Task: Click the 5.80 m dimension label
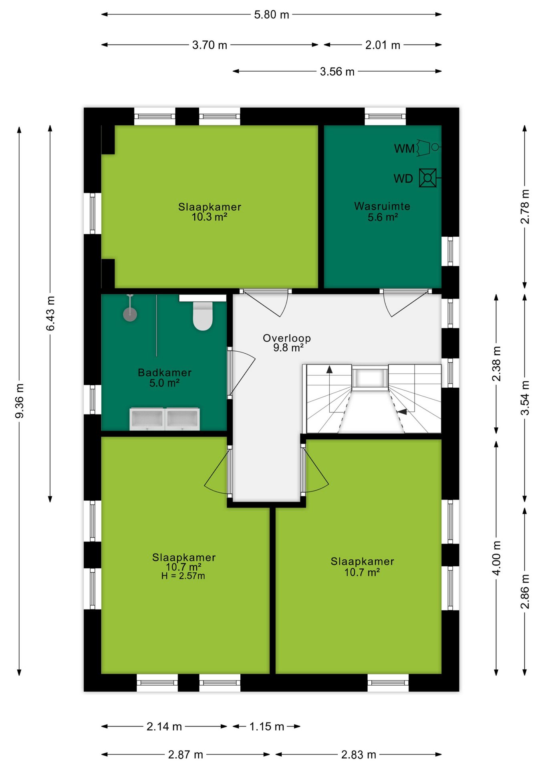[272, 15]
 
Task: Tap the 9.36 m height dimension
[19, 401]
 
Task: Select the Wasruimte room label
[382, 206]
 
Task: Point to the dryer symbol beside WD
[428, 178]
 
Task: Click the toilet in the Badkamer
[203, 316]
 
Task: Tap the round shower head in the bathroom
[130, 314]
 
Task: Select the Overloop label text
[287, 338]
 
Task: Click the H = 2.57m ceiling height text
[183, 576]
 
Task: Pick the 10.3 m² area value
[210, 217]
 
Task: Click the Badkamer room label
[165, 372]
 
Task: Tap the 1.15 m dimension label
[267, 727]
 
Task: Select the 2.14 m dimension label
[164, 727]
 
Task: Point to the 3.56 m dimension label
[337, 72]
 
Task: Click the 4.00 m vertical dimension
[496, 558]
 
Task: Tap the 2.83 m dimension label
[359, 755]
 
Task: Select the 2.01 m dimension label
[383, 45]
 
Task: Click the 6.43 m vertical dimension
[50, 314]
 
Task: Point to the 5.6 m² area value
[383, 217]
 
